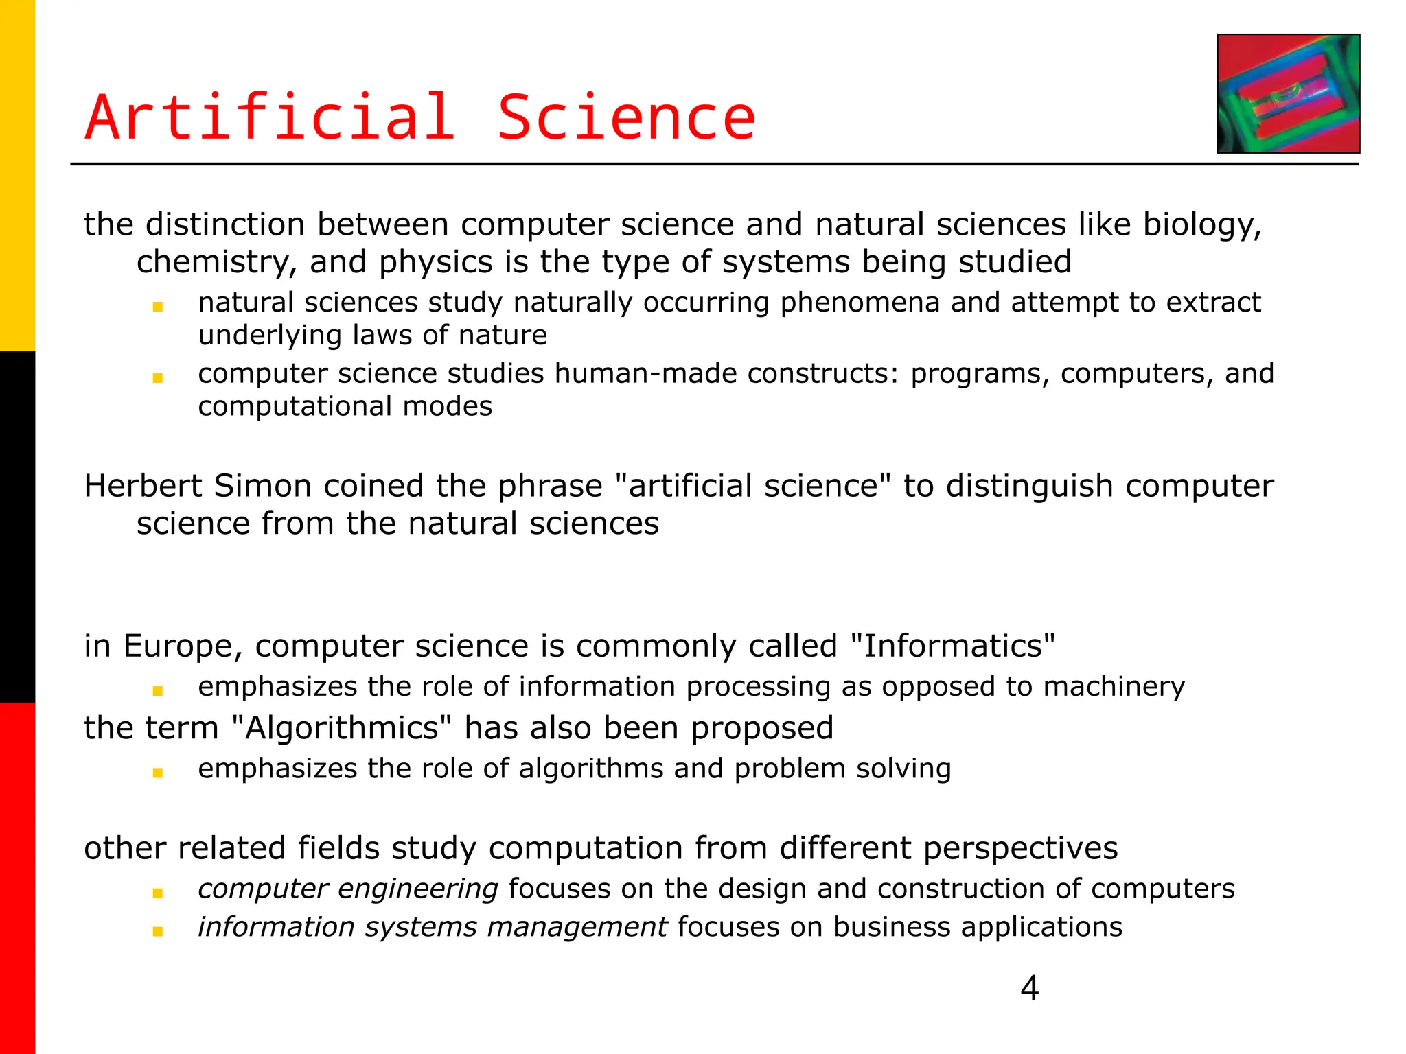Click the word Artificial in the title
270,118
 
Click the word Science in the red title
625,118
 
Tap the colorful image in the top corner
1288,93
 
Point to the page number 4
1029,988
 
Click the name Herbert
143,486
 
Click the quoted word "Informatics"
952,646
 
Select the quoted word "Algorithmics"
342,728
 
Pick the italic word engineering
417,889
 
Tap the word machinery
1114,687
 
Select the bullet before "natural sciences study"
158,307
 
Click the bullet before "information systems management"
158,931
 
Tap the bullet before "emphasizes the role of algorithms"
158,773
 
